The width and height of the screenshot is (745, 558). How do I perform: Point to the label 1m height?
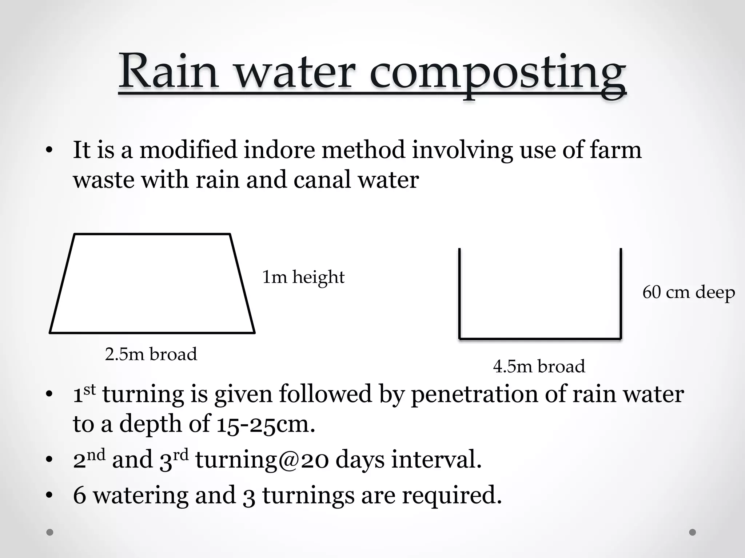coord(303,277)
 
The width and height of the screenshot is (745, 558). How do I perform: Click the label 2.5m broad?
coord(151,354)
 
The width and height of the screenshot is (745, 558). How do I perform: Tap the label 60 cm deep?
coord(688,292)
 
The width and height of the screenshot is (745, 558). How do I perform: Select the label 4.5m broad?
coord(539,366)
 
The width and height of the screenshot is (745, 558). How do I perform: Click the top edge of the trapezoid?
coord(152,234)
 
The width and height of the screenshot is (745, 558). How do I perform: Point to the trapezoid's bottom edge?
coord(152,332)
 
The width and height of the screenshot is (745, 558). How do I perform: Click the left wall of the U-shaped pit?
coord(460,294)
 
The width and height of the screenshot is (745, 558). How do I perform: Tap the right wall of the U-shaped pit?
coord(621,294)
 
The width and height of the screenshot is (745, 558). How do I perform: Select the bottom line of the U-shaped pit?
coord(540,339)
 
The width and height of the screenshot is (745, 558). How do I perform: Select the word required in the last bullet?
coord(451,496)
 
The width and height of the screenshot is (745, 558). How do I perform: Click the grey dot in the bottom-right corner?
coord(693,532)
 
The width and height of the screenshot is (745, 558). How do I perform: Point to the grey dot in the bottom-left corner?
coord(50,532)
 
